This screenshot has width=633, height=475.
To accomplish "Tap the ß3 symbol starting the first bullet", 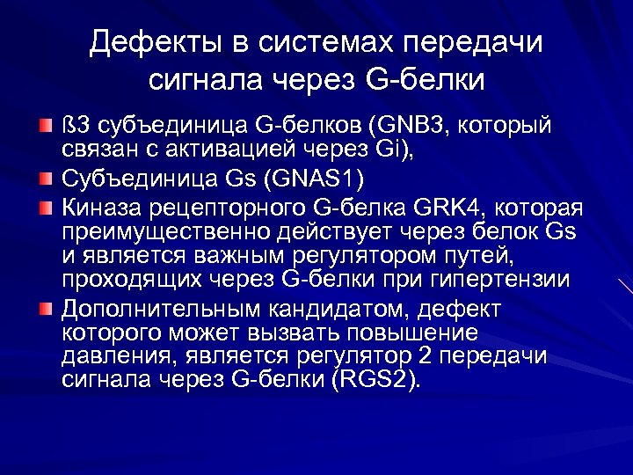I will tap(73, 127).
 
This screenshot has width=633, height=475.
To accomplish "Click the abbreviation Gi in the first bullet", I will tap(383, 150).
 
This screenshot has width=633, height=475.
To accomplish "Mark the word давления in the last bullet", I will tap(107, 356).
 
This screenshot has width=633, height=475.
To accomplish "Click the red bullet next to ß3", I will tap(46, 127).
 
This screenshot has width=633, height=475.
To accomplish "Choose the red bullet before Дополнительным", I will tap(46, 310).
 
